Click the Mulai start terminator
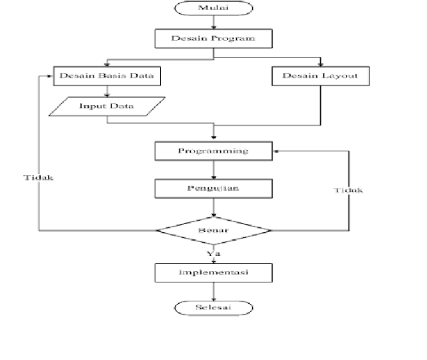[x=213, y=9]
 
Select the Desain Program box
[x=213, y=39]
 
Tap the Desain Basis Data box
[x=107, y=76]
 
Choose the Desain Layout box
[x=320, y=76]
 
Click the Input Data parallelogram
[x=107, y=106]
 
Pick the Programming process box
[x=213, y=151]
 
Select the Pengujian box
[x=213, y=188]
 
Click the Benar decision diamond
[x=213, y=231]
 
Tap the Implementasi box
[x=213, y=273]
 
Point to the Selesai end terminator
[x=213, y=307]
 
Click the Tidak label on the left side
[x=38, y=178]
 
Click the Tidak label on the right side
[x=348, y=191]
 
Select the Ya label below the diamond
[x=213, y=253]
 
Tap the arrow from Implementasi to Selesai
[x=213, y=291]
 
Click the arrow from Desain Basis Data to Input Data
[x=107, y=91]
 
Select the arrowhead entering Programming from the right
[x=276, y=151]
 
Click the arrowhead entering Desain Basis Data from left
[x=50, y=76]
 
